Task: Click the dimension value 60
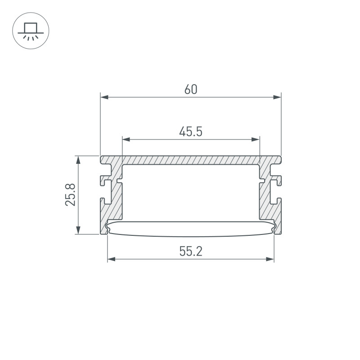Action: click(191, 89)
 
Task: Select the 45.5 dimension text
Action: click(191, 132)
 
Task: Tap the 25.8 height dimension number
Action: click(70, 195)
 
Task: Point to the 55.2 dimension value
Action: click(191, 251)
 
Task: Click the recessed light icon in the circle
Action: click(31, 31)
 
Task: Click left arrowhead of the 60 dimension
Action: click(104, 97)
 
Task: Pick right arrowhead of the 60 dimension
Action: click(277, 97)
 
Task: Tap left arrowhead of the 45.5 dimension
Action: click(126, 139)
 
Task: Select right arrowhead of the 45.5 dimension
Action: click(256, 139)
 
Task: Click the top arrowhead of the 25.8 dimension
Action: click(78, 160)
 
